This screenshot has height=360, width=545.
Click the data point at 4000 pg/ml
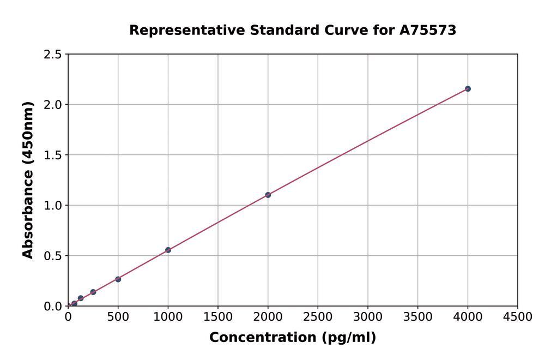pyautogui.click(x=468, y=89)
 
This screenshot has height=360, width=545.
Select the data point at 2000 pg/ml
pyautogui.click(x=268, y=195)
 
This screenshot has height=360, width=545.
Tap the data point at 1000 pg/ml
pyautogui.click(x=168, y=250)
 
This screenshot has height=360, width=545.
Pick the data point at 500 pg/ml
pyautogui.click(x=118, y=279)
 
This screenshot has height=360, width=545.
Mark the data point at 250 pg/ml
pyautogui.click(x=93, y=292)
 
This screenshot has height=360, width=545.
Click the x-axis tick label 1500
pyautogui.click(x=218, y=317)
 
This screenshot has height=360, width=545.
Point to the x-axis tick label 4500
pyautogui.click(x=517, y=317)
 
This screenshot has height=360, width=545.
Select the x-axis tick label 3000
pyautogui.click(x=368, y=317)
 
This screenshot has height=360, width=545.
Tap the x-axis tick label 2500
pyautogui.click(x=318, y=317)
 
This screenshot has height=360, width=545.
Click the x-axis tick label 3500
pyautogui.click(x=417, y=317)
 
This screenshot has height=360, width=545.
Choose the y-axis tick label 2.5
pyautogui.click(x=52, y=55)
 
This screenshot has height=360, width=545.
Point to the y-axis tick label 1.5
pyautogui.click(x=52, y=155)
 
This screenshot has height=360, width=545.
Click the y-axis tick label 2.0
pyautogui.click(x=52, y=105)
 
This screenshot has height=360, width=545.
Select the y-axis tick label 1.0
pyautogui.click(x=52, y=206)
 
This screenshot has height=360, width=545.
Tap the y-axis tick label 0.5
pyautogui.click(x=52, y=256)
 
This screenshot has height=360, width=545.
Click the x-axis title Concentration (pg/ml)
pyautogui.click(x=293, y=338)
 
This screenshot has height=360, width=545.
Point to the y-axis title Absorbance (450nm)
pyautogui.click(x=28, y=180)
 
